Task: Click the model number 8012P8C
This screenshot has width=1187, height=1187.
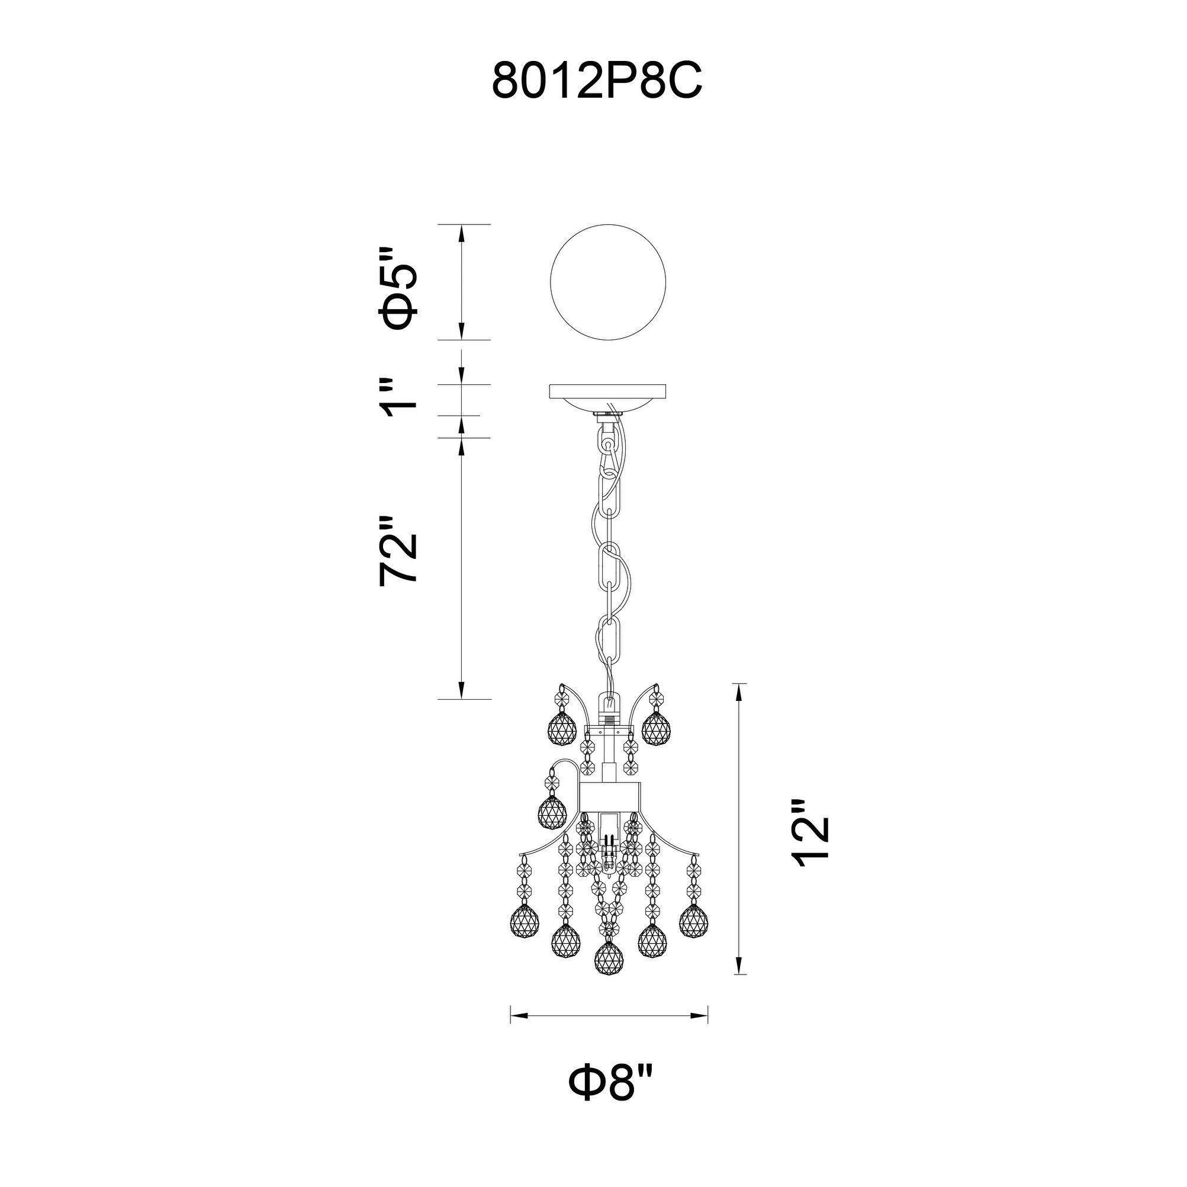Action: click(597, 82)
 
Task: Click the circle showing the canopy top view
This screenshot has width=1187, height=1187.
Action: click(608, 282)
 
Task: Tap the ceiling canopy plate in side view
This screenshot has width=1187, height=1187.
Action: click(608, 400)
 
